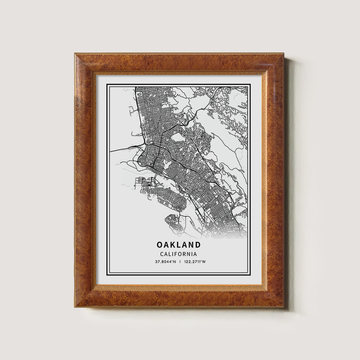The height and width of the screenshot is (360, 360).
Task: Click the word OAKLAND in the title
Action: (179, 245)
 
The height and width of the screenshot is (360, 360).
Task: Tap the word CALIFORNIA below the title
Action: (179, 254)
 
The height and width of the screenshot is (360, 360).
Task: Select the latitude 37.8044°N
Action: (166, 262)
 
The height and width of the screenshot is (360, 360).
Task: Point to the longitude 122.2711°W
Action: (195, 262)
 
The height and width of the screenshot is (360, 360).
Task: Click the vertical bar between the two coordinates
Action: (180, 262)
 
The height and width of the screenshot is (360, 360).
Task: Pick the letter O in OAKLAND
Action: (159, 245)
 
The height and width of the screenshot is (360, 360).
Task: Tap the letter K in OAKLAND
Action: (174, 245)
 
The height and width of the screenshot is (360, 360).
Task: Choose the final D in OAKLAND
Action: (198, 245)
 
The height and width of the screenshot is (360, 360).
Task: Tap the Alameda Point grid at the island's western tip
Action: (141, 182)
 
